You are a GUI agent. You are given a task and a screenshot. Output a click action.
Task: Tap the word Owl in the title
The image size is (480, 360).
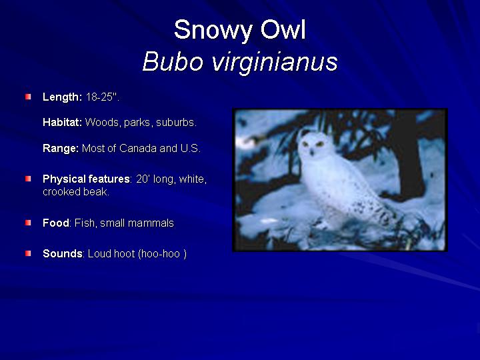point(283,29)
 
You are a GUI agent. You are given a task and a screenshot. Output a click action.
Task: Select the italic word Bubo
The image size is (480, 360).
point(173,61)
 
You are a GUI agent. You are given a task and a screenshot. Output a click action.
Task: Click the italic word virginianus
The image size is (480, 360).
point(275,63)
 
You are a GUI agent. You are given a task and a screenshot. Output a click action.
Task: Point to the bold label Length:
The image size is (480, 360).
point(63,97)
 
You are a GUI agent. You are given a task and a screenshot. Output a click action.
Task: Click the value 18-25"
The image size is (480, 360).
point(102,97)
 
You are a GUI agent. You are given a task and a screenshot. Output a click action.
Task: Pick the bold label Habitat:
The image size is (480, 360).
point(63,122)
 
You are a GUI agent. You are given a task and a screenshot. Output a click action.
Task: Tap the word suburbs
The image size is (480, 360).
point(176,122)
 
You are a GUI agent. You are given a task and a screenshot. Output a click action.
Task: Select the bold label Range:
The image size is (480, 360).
point(61,149)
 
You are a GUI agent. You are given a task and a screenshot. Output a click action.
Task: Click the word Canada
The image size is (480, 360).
point(138,148)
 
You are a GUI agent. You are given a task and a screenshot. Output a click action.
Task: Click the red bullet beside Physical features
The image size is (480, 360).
point(28,179)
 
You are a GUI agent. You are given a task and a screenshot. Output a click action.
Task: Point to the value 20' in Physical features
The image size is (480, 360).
point(143,179)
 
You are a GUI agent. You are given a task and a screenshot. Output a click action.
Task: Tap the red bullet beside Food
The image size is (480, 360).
point(28,223)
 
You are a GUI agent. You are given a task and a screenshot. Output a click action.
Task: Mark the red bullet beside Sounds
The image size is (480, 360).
point(28,253)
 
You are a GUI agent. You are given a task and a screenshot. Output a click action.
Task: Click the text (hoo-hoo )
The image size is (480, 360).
point(162,254)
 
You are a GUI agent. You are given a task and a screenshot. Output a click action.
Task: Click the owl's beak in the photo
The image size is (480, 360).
point(311,151)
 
